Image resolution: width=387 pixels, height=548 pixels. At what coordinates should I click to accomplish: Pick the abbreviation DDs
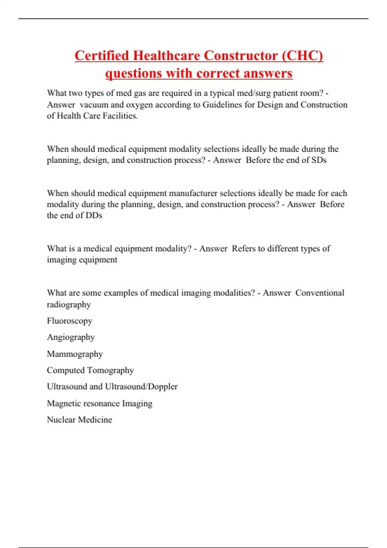coord(94,215)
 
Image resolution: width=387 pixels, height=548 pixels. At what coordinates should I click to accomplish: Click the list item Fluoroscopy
coord(70,321)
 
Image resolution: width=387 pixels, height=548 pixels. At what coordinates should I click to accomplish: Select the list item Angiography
coord(71,337)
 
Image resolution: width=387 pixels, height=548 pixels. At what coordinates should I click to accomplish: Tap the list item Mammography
coord(75,354)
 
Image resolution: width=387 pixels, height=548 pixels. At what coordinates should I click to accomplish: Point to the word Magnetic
coord(64,403)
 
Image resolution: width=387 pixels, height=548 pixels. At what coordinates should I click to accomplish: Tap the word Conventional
coord(320,293)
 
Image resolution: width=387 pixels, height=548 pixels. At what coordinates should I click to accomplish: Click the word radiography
coord(69,305)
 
